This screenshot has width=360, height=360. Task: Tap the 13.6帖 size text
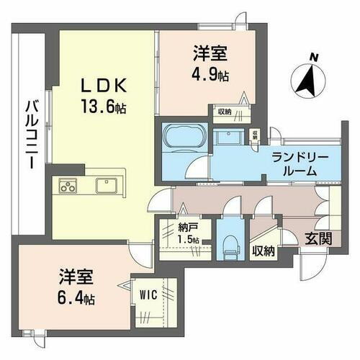click(104, 108)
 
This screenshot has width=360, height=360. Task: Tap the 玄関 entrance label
click(318, 238)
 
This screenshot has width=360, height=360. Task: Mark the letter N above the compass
click(312, 56)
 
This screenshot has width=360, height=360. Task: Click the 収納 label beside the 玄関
click(263, 251)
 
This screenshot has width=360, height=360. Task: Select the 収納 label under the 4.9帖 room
click(223, 111)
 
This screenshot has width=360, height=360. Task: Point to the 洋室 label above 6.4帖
click(71, 276)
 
